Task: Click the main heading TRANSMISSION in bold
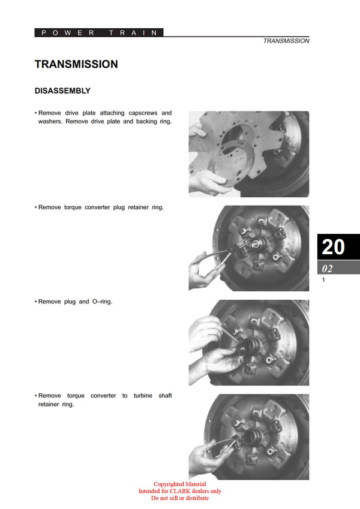click(x=76, y=64)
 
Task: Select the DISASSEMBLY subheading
click(x=62, y=91)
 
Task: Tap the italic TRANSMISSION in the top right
click(x=286, y=41)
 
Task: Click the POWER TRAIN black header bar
click(x=99, y=33)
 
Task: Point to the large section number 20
click(x=334, y=247)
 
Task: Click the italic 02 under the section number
click(x=328, y=269)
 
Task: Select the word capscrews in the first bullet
click(x=142, y=113)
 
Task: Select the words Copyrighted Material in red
click(x=179, y=484)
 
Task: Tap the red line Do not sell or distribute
click(x=179, y=498)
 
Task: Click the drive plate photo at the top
click(x=249, y=153)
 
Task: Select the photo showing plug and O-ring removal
click(x=249, y=342)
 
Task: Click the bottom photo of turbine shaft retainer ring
click(x=249, y=436)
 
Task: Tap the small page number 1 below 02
click(x=323, y=280)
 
